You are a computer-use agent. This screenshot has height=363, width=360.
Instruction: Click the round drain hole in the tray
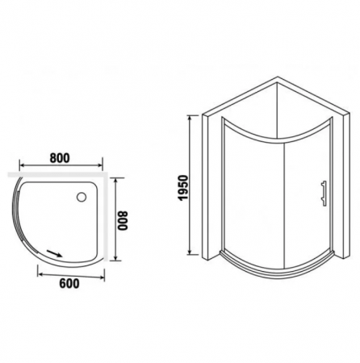pos(83,195)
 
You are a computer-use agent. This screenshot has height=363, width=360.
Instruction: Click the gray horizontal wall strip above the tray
pos(57,173)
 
